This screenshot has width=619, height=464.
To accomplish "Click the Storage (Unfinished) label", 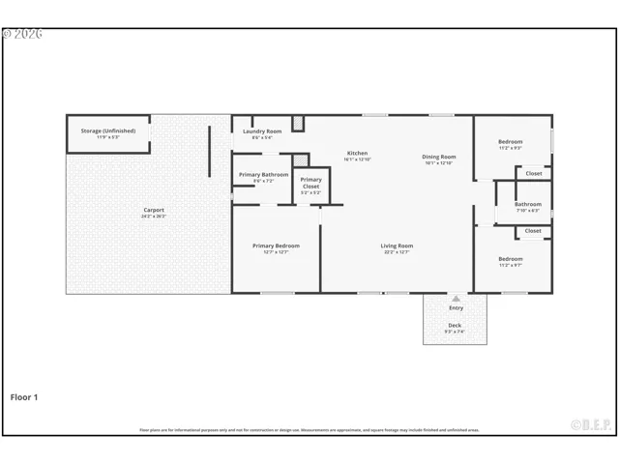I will click(x=108, y=130).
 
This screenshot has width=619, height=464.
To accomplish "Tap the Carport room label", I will click(x=154, y=210).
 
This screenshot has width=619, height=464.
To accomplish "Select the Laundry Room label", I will click(x=262, y=131).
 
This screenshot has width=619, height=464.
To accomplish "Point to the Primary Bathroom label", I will click(x=263, y=175).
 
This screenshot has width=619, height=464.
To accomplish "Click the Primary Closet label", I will click(x=310, y=183).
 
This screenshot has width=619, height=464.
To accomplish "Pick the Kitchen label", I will click(x=358, y=154).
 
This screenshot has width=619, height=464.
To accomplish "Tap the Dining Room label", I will click(x=439, y=157).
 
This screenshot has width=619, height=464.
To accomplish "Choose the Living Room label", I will click(x=397, y=246).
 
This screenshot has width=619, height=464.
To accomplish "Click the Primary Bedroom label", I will click(x=276, y=246).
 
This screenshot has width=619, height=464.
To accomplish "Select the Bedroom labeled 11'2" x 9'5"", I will click(x=511, y=142).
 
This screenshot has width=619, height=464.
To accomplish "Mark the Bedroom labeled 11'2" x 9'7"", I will click(x=511, y=258).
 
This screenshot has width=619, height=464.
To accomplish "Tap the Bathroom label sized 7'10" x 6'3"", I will click(x=528, y=204).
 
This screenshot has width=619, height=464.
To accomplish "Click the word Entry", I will click(x=456, y=308).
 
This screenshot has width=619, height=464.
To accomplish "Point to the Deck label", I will click(x=455, y=326).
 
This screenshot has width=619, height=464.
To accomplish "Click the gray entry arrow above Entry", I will click(x=456, y=299).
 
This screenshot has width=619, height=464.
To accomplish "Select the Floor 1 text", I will click(x=24, y=396).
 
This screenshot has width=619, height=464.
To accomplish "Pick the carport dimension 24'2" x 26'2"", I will click(x=154, y=217).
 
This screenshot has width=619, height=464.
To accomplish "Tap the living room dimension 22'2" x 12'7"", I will click(x=397, y=252).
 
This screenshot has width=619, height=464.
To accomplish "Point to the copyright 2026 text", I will click(x=22, y=34).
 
